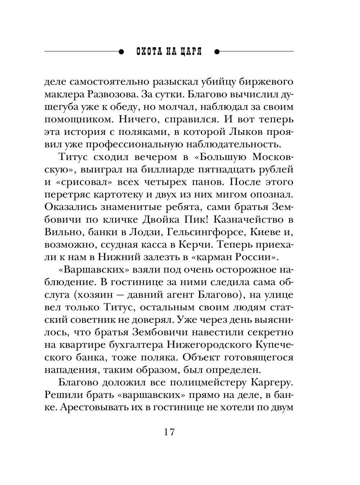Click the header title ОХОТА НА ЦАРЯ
pos(169,52)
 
